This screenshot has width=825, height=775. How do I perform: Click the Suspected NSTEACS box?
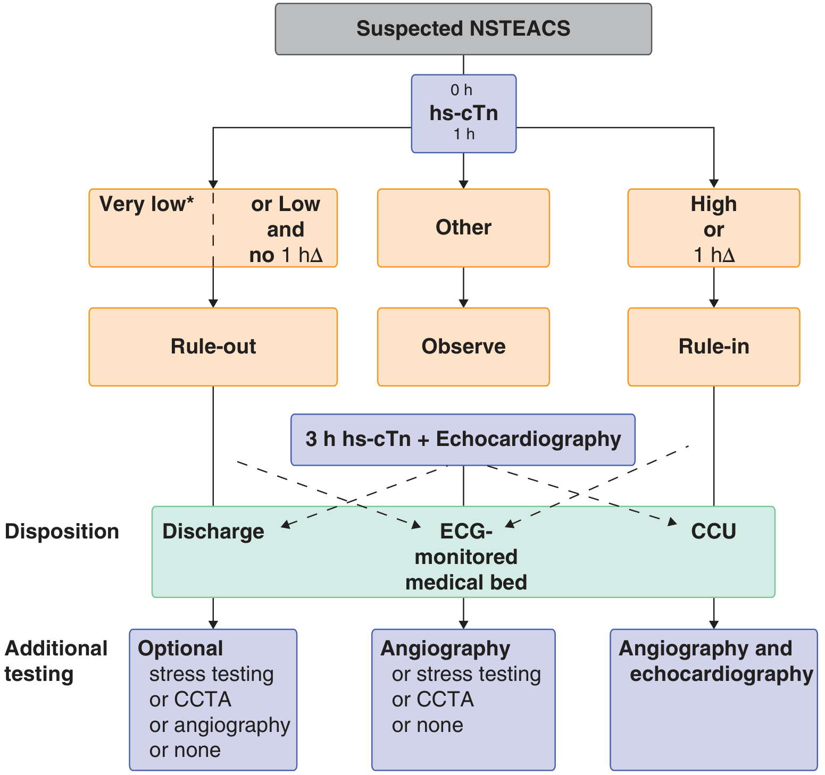(x=463, y=29)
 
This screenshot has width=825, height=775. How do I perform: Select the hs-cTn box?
(x=463, y=114)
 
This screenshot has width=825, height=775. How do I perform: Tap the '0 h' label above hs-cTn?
(x=461, y=90)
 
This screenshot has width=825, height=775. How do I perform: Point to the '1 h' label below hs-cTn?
(x=464, y=134)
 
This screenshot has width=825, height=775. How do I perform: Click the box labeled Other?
(x=463, y=228)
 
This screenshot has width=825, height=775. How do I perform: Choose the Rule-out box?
(x=213, y=347)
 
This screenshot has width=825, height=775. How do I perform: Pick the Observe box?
(x=463, y=347)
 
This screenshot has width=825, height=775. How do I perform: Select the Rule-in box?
(x=713, y=347)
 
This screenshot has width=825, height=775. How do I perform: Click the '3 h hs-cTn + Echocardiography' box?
(x=463, y=440)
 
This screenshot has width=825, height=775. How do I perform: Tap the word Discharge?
(x=213, y=532)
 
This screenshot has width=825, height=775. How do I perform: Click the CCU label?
(x=713, y=532)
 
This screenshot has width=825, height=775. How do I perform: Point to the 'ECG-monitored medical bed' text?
(x=465, y=557)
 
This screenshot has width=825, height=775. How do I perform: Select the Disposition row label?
(x=62, y=532)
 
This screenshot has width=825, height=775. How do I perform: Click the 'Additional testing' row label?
(x=56, y=661)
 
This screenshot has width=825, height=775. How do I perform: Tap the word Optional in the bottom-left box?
(x=180, y=648)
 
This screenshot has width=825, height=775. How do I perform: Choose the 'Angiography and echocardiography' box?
(x=713, y=699)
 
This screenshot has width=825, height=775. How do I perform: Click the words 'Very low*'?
(x=146, y=204)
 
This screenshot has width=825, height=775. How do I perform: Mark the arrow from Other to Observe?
(x=463, y=287)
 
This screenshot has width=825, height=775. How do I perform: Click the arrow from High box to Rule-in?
(x=714, y=287)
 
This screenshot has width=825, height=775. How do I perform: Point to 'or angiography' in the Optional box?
(x=219, y=725)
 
